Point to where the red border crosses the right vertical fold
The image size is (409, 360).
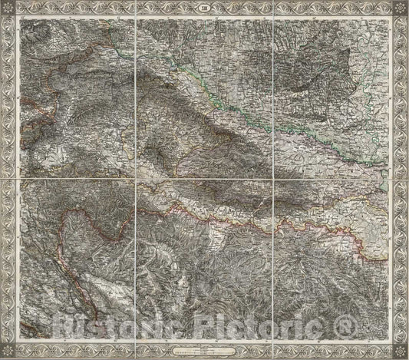(272, 223)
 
